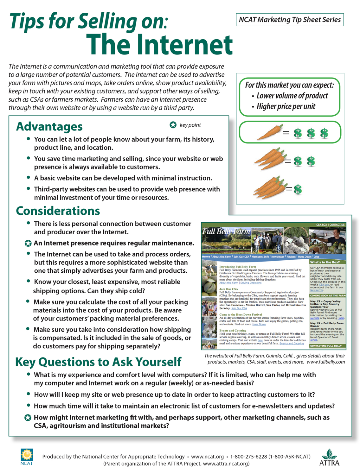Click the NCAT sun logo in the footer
[27, 455]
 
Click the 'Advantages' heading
[49, 126]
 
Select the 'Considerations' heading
[58, 211]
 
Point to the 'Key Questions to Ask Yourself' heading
[98, 362]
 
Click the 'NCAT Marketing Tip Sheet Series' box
[290, 20]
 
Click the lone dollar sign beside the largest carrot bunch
[298, 190]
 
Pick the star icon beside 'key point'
[173, 125]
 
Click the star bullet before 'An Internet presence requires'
[28, 243]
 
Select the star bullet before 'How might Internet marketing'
[28, 418]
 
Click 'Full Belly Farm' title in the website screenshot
[226, 232]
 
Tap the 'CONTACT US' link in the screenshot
[337, 225]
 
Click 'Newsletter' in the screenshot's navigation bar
[278, 256]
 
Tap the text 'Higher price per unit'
[286, 106]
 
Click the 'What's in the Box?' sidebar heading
[325, 262]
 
